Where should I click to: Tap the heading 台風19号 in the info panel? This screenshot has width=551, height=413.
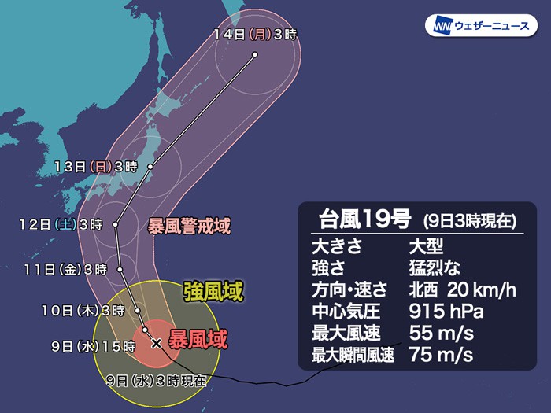360,219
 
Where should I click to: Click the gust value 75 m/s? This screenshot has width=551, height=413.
441,355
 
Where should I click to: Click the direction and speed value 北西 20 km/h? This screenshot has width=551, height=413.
461,290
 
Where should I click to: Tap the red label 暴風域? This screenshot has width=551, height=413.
201,339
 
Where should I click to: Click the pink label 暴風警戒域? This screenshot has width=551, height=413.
190,227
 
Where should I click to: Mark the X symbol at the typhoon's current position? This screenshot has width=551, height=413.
156,343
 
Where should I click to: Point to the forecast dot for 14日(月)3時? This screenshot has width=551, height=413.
256,54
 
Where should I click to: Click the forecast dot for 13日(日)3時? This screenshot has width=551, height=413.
150,166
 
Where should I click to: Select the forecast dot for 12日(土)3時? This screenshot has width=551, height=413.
116,224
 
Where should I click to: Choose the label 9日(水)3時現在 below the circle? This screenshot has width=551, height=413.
157,381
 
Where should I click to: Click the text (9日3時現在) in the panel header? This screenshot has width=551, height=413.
469,220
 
